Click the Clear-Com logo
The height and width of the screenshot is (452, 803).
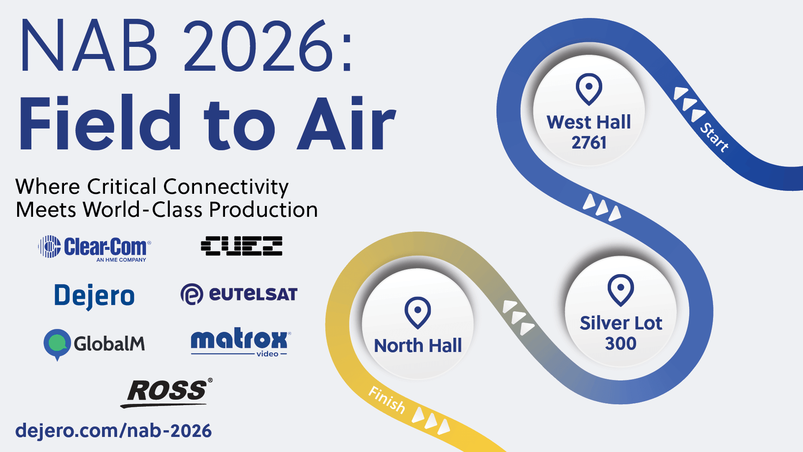click(95, 248)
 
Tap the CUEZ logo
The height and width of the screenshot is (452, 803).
click(241, 246)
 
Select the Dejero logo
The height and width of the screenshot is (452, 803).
click(95, 296)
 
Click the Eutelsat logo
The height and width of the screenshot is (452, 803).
click(239, 294)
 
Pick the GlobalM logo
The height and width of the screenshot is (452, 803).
click(95, 344)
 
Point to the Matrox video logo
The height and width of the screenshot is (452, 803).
click(240, 342)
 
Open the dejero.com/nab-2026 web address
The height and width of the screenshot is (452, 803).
click(113, 431)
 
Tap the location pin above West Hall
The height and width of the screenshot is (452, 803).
click(589, 89)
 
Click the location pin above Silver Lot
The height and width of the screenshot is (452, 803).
click(621, 290)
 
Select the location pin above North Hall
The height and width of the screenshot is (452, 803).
click(417, 312)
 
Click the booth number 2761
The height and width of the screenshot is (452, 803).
click(589, 143)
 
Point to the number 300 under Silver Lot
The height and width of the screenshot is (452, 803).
click(621, 344)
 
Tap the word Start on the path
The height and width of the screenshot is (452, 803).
click(714, 137)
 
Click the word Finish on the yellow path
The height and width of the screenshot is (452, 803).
click(387, 400)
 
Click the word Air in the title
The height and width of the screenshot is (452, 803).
click(346, 123)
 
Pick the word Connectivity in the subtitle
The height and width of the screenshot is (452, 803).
click(226, 187)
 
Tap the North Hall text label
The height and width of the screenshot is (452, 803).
click(418, 346)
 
